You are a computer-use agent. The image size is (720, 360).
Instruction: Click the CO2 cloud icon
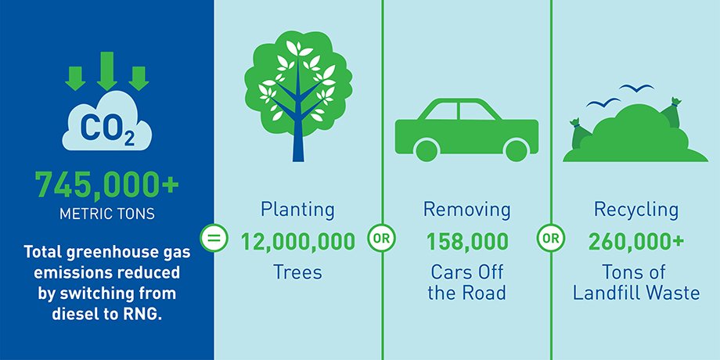[107, 123]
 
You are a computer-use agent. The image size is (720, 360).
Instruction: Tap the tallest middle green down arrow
[107, 71]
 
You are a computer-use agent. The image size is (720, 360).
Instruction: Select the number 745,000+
[107, 184]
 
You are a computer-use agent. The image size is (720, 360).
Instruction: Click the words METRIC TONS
[107, 214]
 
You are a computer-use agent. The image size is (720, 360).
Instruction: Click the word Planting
[297, 211]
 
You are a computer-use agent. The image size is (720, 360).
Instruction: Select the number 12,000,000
[298, 242]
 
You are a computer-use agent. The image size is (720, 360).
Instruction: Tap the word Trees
[297, 272]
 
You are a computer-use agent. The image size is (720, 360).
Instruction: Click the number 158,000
[467, 242]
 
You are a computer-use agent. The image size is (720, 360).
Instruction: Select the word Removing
[466, 210]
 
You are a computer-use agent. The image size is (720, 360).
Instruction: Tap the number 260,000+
[636, 242]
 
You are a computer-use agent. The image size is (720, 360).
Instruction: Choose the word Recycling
[636, 211]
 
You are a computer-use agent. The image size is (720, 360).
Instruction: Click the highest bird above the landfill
[636, 87]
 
